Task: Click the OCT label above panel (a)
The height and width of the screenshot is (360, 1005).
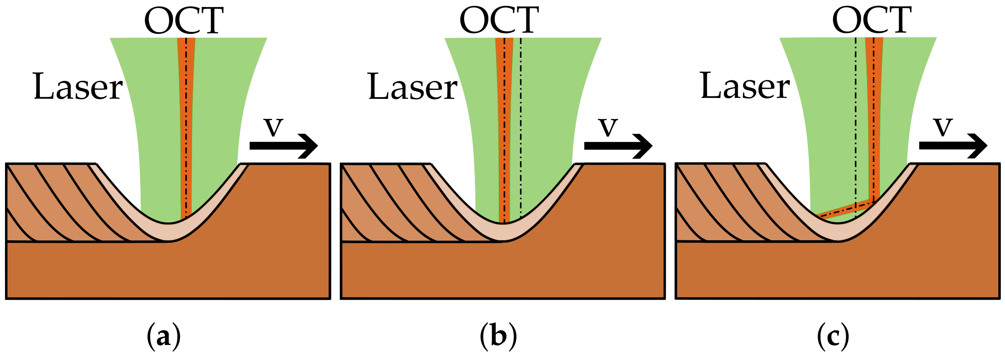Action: coord(184,21)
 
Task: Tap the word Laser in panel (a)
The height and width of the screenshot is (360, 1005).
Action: coord(78,87)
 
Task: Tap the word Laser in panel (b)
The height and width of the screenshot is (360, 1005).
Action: coord(413,87)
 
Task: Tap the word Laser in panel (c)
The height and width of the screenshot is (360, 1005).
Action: coord(745,86)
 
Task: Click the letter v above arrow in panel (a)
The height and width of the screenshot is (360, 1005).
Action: coord(273,127)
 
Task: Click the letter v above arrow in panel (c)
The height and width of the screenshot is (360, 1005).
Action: coord(943,126)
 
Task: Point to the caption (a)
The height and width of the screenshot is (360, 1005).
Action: coord(164,337)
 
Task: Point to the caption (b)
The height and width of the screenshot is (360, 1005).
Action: coord(498,337)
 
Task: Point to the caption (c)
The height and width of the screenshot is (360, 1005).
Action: coord(833,337)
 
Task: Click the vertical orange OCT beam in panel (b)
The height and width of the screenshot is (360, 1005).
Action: coord(504,126)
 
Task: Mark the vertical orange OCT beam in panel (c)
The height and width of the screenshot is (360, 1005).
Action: coord(874,117)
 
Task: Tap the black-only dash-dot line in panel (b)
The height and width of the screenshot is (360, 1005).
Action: coord(520,126)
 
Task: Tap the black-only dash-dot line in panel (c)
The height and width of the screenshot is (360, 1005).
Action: coord(856,126)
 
